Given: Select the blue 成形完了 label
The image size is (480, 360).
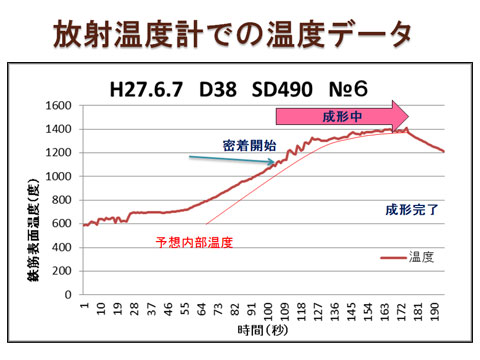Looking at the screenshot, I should pos(411,210).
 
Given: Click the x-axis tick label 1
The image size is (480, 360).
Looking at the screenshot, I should pos(86,311).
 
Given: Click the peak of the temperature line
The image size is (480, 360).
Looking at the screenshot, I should pos(405,128).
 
